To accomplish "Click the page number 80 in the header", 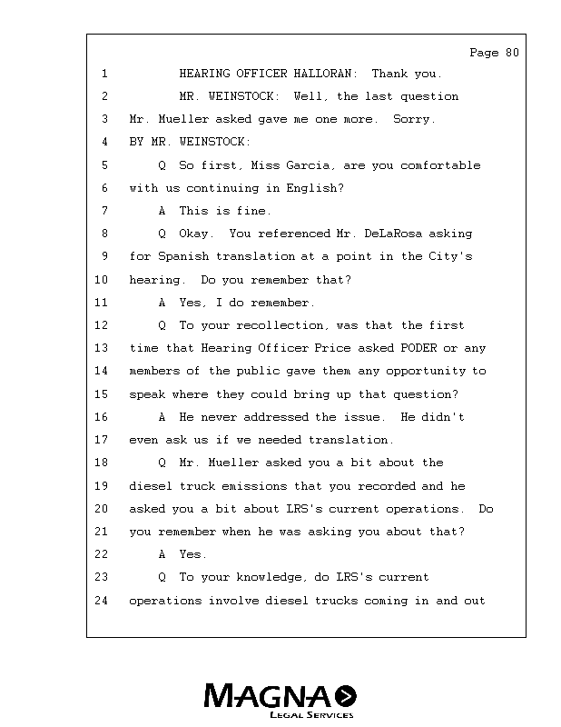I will (511, 53).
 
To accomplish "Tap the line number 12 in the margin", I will (101, 325).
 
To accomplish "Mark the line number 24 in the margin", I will (101, 601).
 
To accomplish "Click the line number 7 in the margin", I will (104, 211).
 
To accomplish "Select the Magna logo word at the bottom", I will (269, 697).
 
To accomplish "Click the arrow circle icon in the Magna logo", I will (346, 697).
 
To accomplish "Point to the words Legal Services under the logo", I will (311, 716).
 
